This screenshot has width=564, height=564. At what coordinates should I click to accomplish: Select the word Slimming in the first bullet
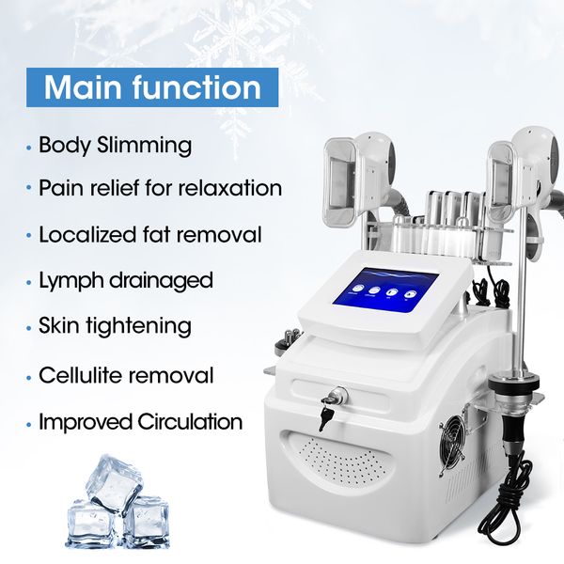click(144, 146)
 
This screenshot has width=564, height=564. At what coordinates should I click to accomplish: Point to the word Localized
click(87, 234)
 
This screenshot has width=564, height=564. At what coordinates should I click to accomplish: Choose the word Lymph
click(71, 281)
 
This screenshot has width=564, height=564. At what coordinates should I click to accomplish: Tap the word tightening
click(138, 326)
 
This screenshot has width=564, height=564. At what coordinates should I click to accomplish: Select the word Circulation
click(190, 421)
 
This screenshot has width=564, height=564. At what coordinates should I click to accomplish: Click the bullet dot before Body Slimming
click(29, 148)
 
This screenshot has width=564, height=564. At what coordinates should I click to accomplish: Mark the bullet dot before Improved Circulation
click(29, 423)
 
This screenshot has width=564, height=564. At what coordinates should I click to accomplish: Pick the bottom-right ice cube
click(147, 522)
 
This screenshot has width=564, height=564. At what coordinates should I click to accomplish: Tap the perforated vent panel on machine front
click(338, 462)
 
